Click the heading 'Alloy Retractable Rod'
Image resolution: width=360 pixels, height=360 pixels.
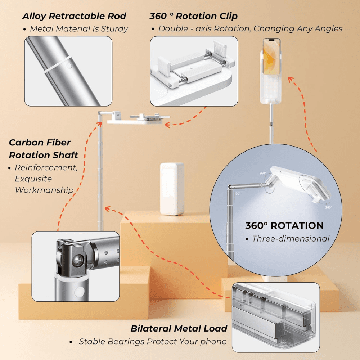pyautogui.click(x=74, y=16)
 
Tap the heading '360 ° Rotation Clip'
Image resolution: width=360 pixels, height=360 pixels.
pyautogui.click(x=193, y=16)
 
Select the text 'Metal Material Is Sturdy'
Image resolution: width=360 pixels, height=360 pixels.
pyautogui.click(x=78, y=29)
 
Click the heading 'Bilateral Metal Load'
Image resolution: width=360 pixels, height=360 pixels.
pyautogui.click(x=179, y=328)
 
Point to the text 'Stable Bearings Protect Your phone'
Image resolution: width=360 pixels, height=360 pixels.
pyautogui.click(x=153, y=341)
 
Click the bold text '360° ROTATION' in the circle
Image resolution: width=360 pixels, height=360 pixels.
pyautogui.click(x=284, y=226)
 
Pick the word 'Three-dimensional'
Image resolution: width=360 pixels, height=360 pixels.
pyautogui.click(x=291, y=238)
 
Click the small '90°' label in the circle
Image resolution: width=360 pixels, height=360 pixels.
pyautogui.click(x=238, y=193)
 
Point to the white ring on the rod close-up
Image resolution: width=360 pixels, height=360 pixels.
pyautogui.click(x=57, y=65)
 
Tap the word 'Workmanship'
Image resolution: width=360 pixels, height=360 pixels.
pyautogui.click(x=44, y=190)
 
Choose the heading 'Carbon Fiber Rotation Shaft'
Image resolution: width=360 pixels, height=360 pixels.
pyautogui.click(x=43, y=149)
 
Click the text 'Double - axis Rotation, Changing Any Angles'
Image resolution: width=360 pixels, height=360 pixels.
pyautogui.click(x=250, y=29)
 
